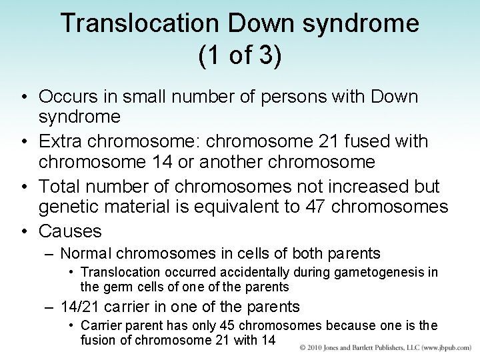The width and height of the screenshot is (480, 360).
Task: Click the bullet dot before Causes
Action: (x=24, y=232)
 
